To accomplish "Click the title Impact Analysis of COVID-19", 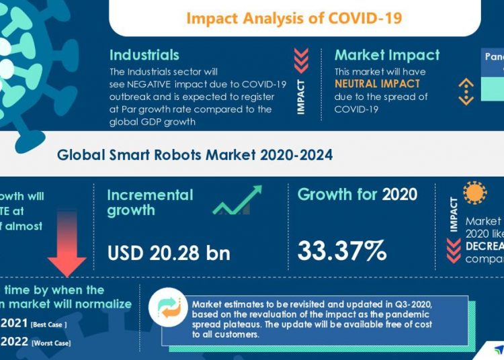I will coord(294,17).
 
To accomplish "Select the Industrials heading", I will coord(144,55).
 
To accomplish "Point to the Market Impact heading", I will coord(386,55).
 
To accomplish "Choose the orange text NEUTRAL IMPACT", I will coord(377,84).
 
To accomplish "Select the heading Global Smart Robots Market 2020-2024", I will coord(194,155).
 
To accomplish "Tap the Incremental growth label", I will coord(150,202).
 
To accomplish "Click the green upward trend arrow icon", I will coord(237,201).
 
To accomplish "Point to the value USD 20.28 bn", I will coord(169,253).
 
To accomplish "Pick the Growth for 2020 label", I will coord(357,195).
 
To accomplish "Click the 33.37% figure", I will coord(342,251).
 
